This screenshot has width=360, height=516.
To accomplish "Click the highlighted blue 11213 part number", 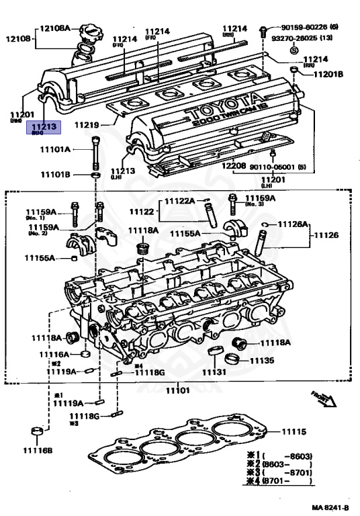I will point(44,125).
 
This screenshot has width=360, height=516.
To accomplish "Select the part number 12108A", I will point(54,28).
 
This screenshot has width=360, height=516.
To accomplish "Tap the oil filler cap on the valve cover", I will point(89,34).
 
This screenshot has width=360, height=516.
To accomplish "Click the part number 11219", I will point(87,125).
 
